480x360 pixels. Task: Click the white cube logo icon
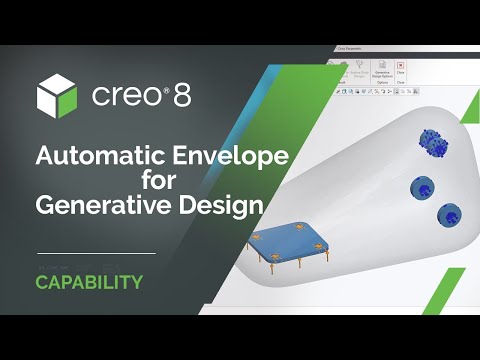(57, 96)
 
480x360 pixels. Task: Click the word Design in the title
(221, 205)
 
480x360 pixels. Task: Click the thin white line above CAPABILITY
(95, 253)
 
